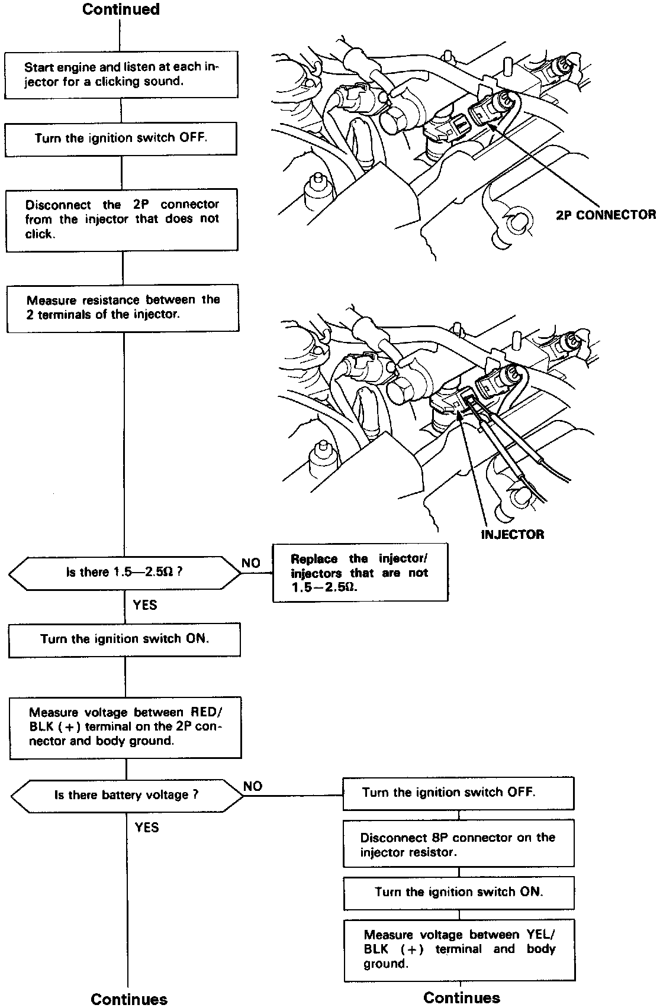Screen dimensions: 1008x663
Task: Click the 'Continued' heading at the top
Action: (121, 9)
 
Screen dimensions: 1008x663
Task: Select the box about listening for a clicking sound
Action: (121, 75)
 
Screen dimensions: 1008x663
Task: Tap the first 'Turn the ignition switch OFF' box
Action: (121, 138)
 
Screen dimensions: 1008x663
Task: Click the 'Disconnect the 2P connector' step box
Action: (122, 219)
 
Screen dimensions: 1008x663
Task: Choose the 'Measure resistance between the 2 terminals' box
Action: (123, 308)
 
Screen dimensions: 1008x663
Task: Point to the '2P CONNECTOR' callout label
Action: (606, 215)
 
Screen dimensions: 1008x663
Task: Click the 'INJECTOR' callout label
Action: (512, 535)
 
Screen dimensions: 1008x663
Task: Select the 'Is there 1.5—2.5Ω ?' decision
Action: (124, 573)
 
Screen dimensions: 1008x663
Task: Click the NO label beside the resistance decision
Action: (251, 563)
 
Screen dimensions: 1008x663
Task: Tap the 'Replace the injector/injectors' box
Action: (360, 573)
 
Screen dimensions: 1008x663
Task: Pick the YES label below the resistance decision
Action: (145, 605)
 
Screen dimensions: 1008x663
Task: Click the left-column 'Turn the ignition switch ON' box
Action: (124, 639)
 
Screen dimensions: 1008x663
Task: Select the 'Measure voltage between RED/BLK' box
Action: (125, 727)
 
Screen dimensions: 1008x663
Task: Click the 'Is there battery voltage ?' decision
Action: (127, 795)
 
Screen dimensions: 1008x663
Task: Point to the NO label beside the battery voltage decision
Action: (253, 786)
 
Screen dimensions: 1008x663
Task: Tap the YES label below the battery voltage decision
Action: (147, 827)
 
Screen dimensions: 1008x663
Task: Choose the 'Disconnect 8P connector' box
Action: (458, 845)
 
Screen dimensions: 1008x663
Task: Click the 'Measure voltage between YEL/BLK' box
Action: (459, 949)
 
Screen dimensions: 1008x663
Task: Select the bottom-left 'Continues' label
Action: (129, 999)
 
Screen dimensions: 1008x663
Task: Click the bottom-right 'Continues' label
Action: (462, 998)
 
